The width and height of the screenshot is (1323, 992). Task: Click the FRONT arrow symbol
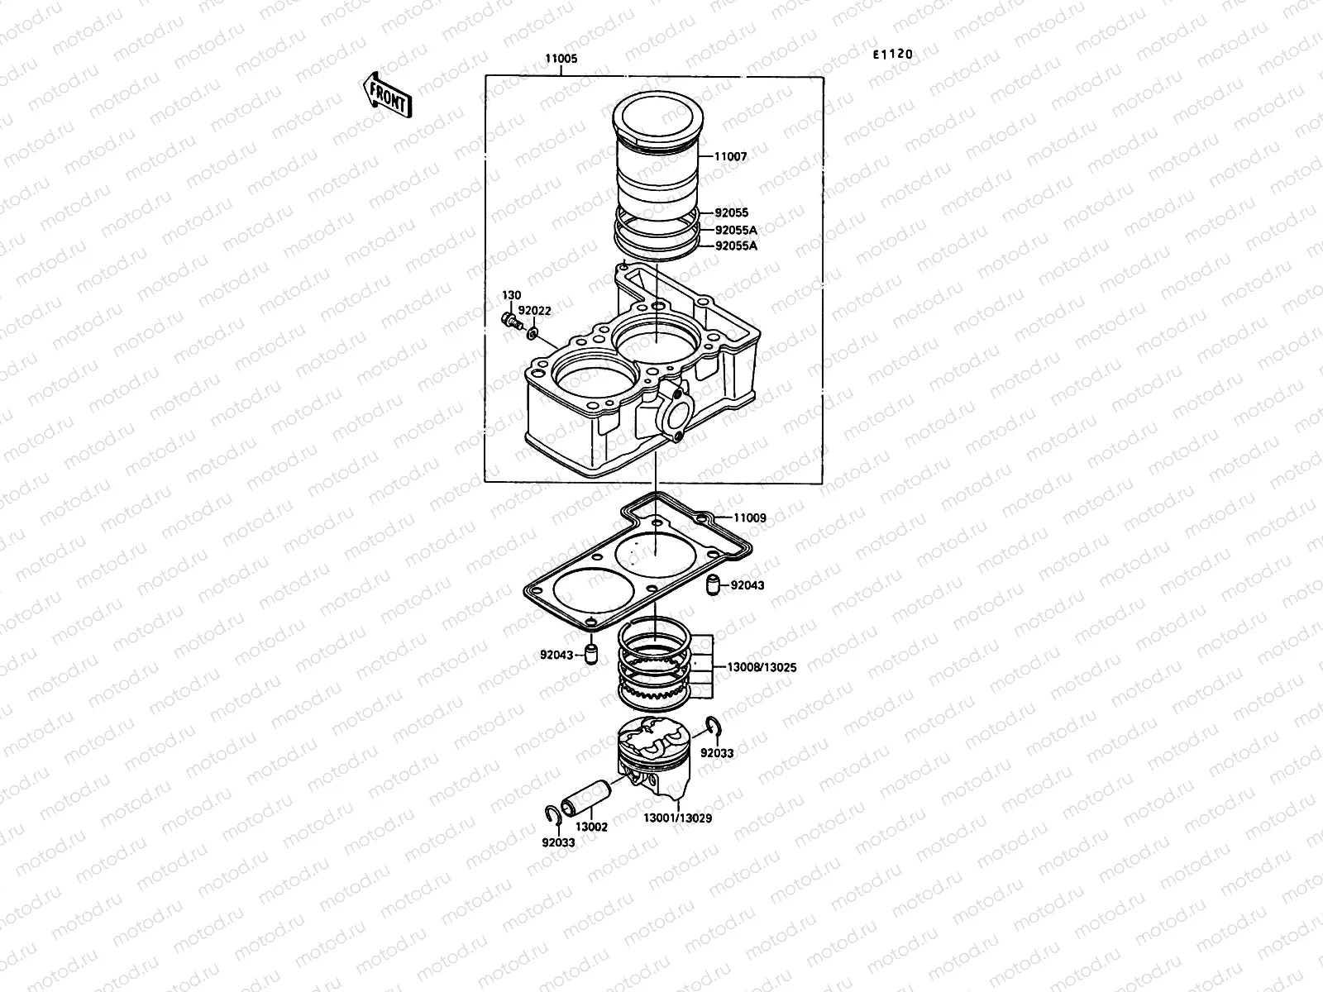coord(386,93)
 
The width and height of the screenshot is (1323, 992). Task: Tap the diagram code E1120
coord(893,55)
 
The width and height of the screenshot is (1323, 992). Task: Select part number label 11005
coord(561,60)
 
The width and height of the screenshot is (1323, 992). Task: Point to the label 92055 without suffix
coord(731,213)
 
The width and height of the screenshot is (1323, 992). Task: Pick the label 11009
coord(750,518)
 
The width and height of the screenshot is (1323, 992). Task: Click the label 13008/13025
coord(762,666)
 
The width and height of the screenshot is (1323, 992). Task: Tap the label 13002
coord(591,827)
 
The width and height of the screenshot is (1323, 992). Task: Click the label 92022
coord(534,311)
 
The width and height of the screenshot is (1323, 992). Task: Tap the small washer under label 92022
coord(533,332)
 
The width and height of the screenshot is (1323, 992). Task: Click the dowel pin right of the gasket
coord(710,586)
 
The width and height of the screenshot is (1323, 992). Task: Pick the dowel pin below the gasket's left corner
coord(590,655)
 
